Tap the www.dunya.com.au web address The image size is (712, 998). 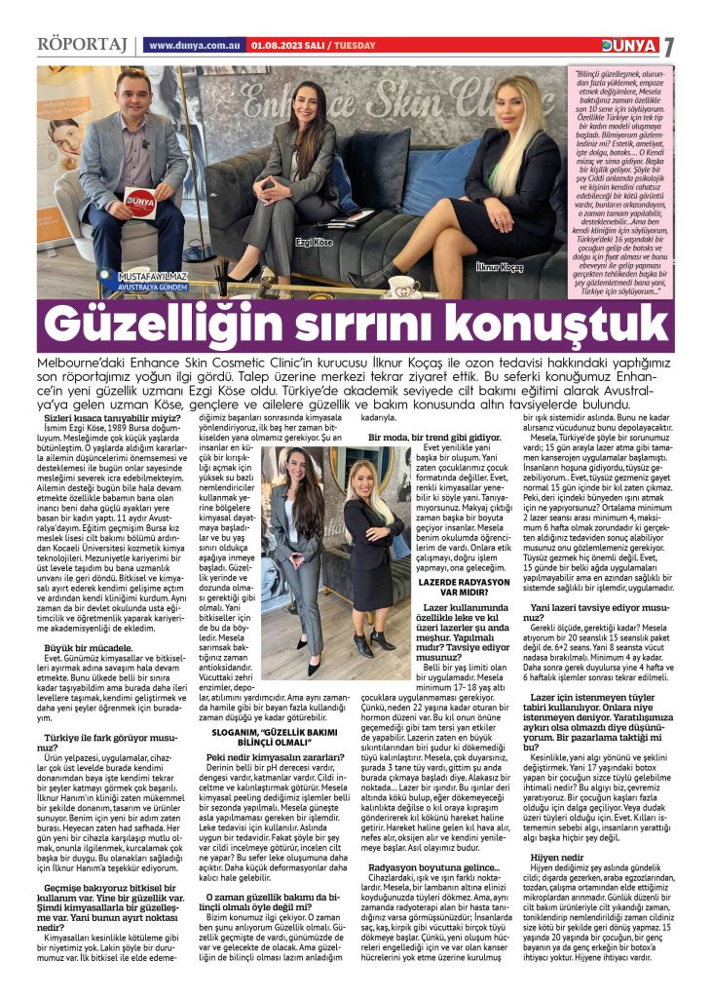point(195,46)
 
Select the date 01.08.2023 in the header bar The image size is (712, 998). point(275,46)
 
